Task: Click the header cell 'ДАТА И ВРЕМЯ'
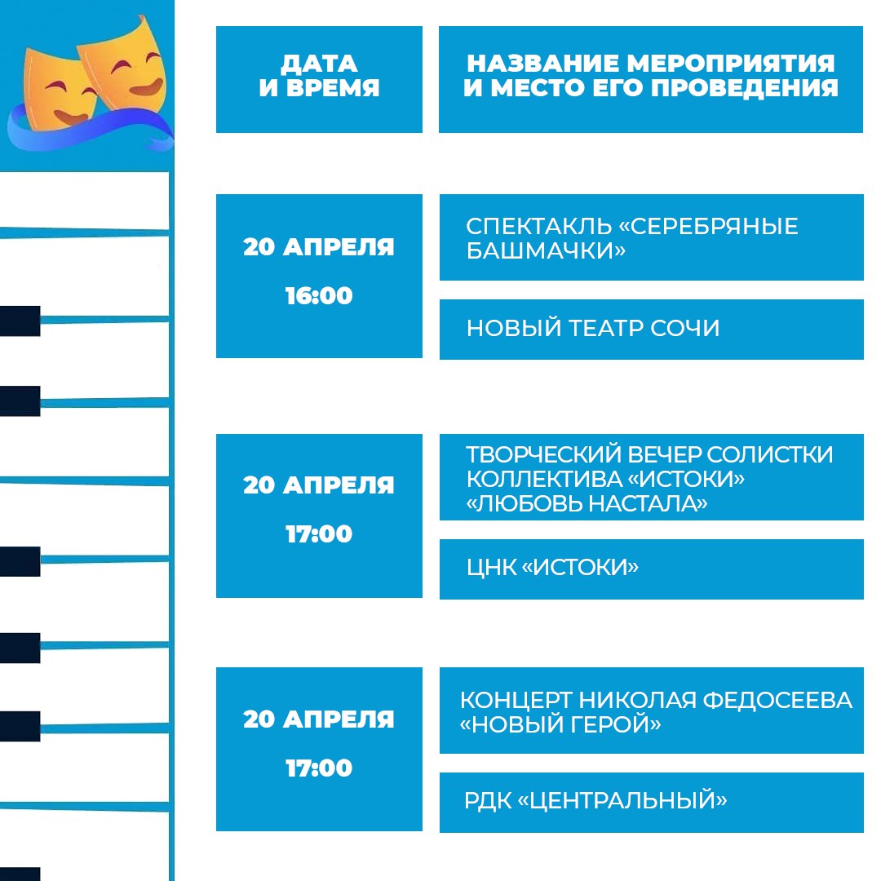(319, 79)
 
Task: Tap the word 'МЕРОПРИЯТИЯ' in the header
(730, 63)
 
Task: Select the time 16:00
(319, 295)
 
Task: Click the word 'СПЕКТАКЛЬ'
(539, 226)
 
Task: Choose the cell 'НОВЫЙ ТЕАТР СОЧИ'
(651, 330)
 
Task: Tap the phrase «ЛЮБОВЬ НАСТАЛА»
(587, 503)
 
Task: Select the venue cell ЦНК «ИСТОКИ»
(651, 569)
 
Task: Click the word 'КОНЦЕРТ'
(516, 700)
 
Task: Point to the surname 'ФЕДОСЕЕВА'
(777, 700)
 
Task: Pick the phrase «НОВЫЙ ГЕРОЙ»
(560, 724)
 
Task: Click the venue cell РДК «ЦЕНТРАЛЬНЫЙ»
(651, 803)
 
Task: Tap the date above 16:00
(319, 246)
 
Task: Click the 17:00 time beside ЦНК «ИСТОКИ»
(319, 533)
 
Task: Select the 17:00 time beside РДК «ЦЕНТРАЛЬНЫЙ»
(319, 768)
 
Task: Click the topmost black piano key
(20, 321)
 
